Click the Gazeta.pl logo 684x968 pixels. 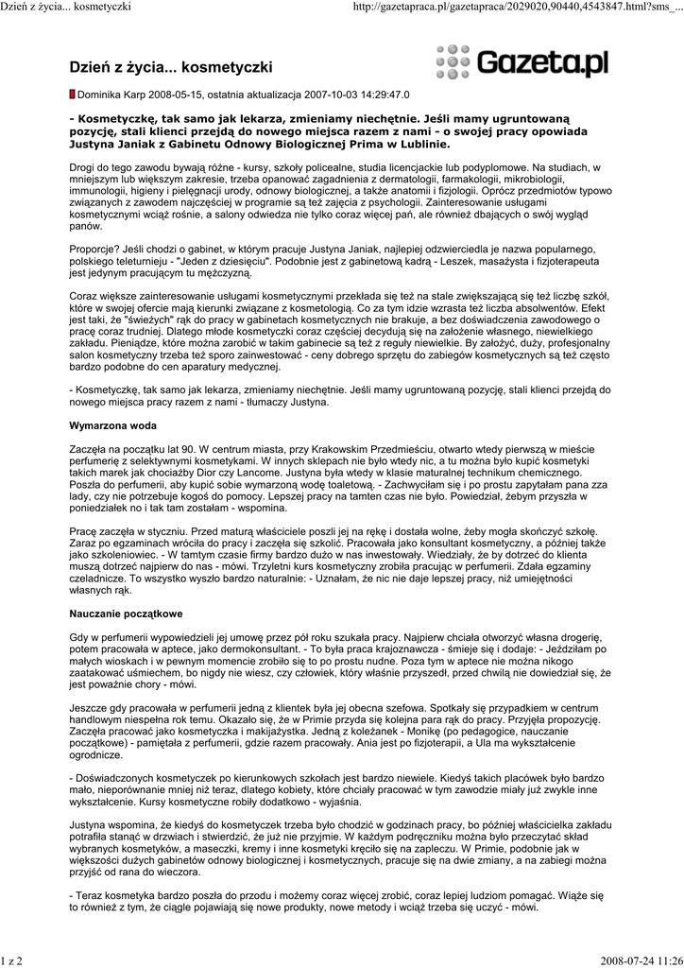click(522, 62)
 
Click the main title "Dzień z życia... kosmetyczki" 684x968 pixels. click(171, 67)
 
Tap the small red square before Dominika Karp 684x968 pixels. click(73, 95)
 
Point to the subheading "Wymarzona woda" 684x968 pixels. click(113, 426)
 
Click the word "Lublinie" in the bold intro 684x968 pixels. click(422, 145)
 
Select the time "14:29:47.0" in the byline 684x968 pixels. click(380, 95)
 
